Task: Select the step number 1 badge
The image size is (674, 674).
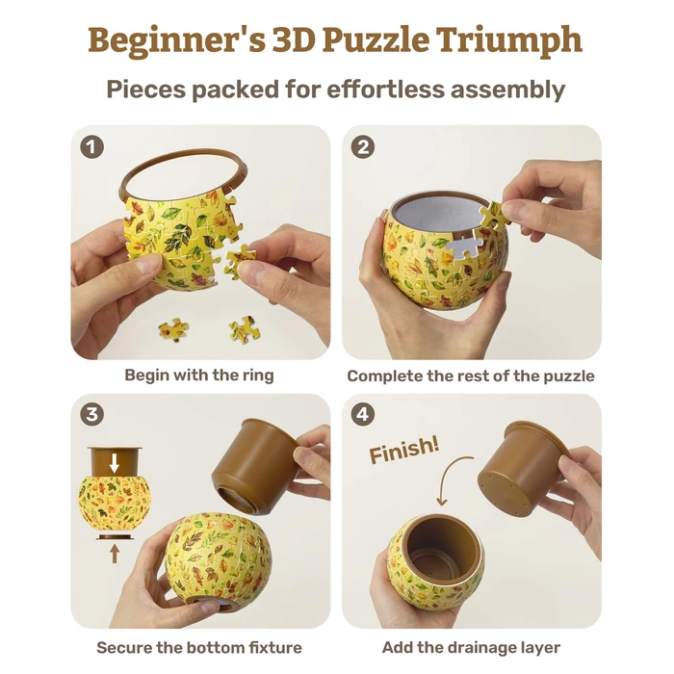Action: pyautogui.click(x=92, y=147)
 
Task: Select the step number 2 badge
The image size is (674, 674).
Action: pyautogui.click(x=364, y=147)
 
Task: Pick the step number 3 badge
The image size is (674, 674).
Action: pyautogui.click(x=92, y=415)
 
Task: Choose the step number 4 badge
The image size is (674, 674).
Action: pyautogui.click(x=364, y=415)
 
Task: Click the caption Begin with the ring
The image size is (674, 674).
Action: pyautogui.click(x=199, y=376)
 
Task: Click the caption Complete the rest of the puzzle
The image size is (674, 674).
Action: pyautogui.click(x=471, y=376)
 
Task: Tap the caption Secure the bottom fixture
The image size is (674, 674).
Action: pyautogui.click(x=199, y=647)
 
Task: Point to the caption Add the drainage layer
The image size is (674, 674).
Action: pyautogui.click(x=471, y=647)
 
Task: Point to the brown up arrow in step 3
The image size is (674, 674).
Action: pyautogui.click(x=114, y=552)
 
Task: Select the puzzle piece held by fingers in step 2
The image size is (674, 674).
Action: pyautogui.click(x=494, y=216)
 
